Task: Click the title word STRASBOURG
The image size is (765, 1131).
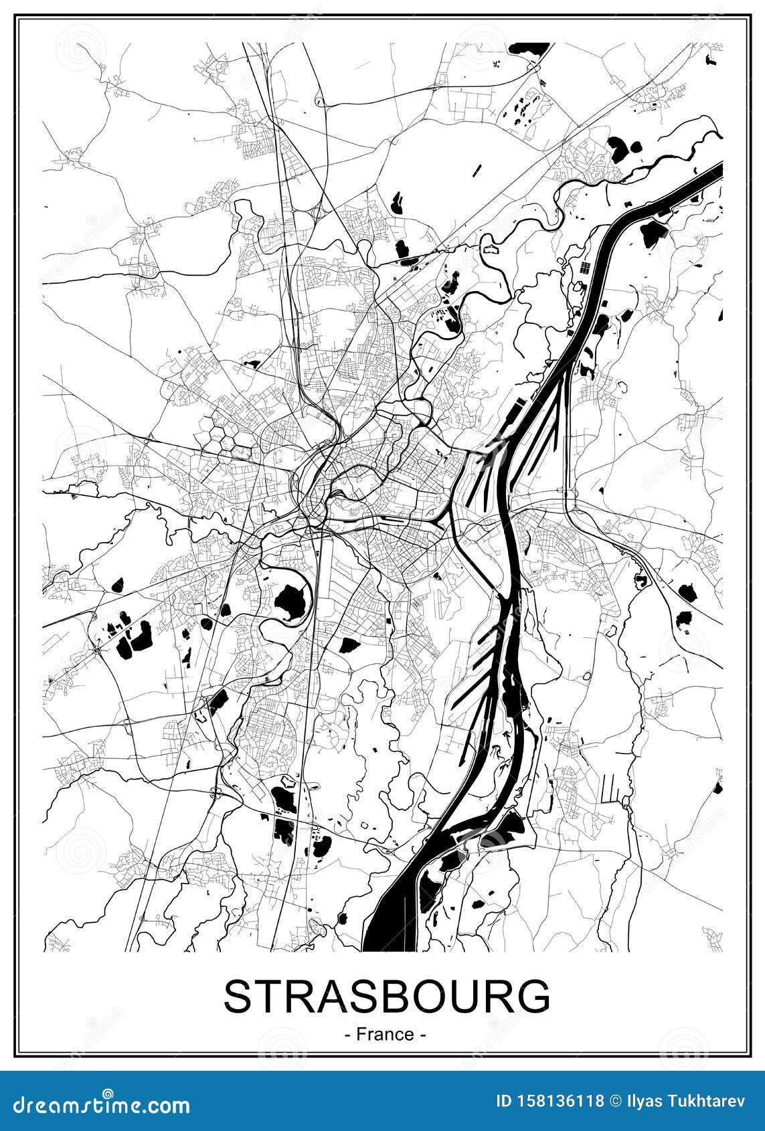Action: [x=386, y=996]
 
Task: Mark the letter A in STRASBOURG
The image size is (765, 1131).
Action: [x=339, y=996]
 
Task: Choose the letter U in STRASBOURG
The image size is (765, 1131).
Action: [x=468, y=996]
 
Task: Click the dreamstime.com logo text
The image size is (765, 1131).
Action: [x=98, y=1103]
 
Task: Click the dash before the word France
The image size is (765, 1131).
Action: [x=348, y=1035]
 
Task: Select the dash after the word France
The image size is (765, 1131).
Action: [x=423, y=1035]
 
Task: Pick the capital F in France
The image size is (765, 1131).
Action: [x=361, y=1035]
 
